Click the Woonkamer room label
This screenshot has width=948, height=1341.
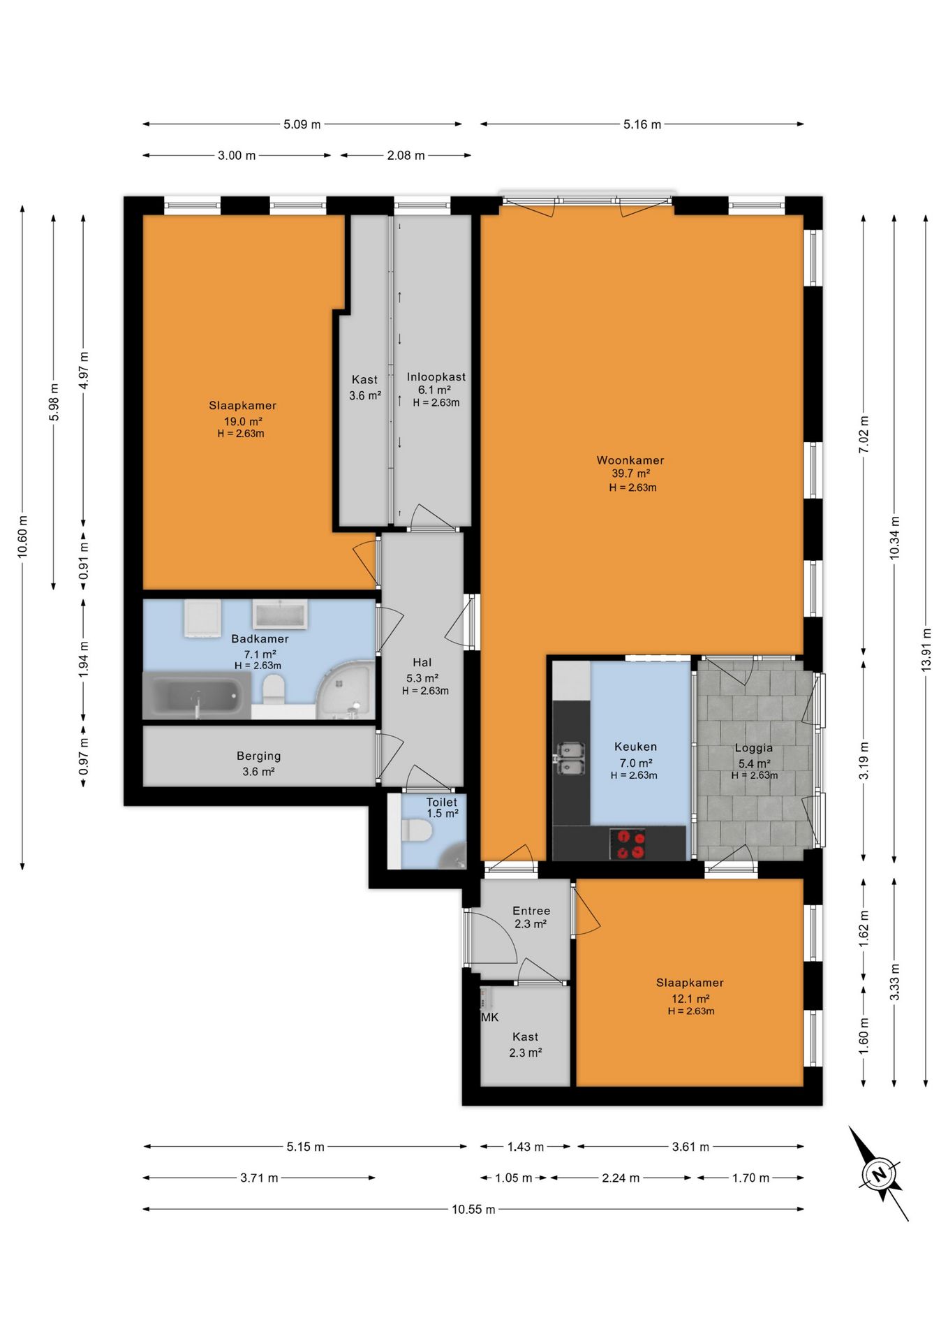click(x=630, y=460)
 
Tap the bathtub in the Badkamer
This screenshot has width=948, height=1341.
click(x=196, y=696)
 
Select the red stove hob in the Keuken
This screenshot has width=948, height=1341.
click(x=628, y=844)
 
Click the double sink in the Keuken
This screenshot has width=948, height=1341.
click(x=570, y=759)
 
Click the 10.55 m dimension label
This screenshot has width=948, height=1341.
click(x=473, y=1209)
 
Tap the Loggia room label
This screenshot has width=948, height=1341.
click(x=754, y=748)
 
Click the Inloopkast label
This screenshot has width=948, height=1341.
click(x=436, y=377)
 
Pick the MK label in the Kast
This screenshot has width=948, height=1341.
click(x=490, y=1017)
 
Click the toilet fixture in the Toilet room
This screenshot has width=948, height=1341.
click(x=417, y=831)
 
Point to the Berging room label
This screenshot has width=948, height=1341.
click(x=259, y=756)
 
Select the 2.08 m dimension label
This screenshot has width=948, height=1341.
click(x=406, y=155)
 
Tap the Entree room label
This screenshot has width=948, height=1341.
click(x=531, y=911)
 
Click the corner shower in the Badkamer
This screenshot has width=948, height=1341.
click(x=346, y=690)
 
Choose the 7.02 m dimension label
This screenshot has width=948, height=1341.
click(x=864, y=434)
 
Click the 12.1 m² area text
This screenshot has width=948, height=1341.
click(x=690, y=999)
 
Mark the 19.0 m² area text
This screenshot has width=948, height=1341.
click(x=243, y=421)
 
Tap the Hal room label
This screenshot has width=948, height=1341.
click(x=422, y=662)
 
